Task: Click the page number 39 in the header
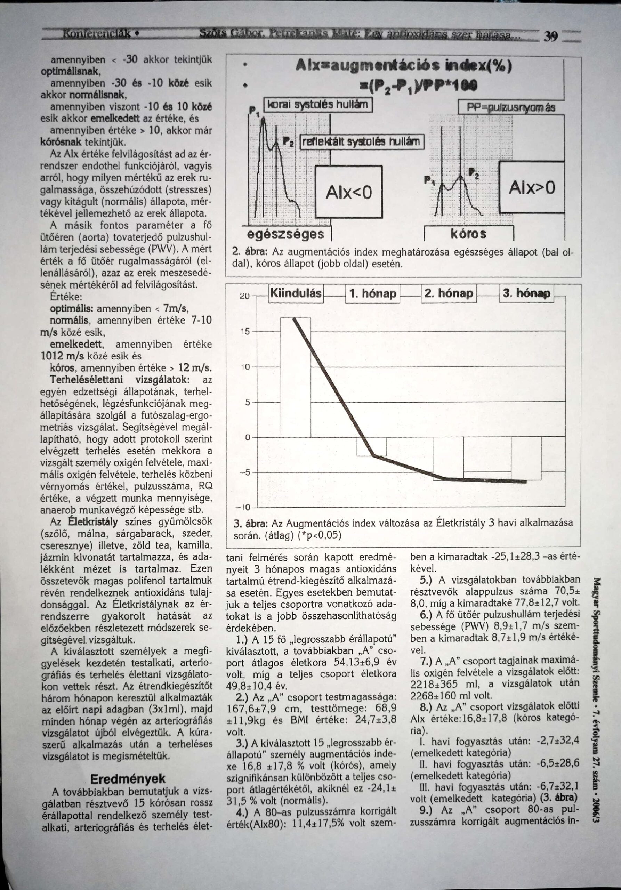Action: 551,37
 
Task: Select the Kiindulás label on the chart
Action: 296,293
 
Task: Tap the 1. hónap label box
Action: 372,294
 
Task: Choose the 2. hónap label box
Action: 449,293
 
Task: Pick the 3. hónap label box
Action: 526,293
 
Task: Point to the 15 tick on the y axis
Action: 246,332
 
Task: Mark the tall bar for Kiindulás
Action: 296,378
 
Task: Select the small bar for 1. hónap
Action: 371,446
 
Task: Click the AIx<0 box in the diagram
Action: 348,192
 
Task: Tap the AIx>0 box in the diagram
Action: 531,188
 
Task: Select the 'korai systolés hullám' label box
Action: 317,105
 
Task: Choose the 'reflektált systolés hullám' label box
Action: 362,142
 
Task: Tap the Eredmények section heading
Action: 128,779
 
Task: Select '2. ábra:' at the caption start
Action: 248,252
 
